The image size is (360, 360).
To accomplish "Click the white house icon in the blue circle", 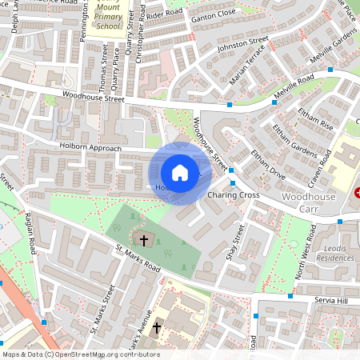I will click(180, 173).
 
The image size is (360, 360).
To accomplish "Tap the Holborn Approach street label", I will click(90, 148).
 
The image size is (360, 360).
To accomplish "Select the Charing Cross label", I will click(233, 195).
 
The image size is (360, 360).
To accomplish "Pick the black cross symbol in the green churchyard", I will click(144, 239).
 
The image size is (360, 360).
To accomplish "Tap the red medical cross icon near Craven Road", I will click(358, 193).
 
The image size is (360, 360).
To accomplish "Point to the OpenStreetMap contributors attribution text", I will click(80, 354).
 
